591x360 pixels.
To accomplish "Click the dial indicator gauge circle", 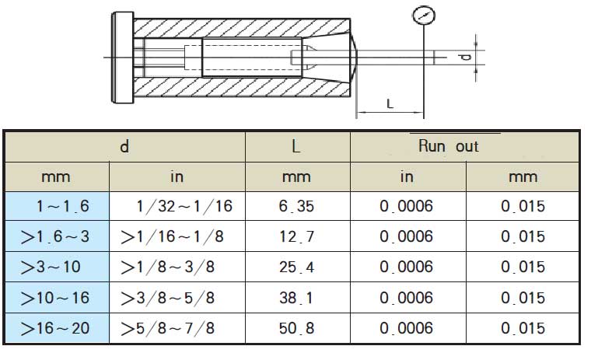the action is coord(424,6).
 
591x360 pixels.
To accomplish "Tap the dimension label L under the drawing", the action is coord(390,103).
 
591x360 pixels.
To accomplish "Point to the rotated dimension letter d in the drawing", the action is coord(466,57).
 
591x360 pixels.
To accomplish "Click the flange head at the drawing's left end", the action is coord(123,58).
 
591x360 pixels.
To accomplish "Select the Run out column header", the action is coord(448,146).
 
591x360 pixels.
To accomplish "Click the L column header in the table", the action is coord(296,146).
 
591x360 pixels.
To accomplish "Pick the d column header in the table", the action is coord(124,146).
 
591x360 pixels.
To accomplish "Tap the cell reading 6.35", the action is coord(296,206).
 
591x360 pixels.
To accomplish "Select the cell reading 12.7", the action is coord(296,236).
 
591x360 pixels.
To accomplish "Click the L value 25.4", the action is coord(296,267).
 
